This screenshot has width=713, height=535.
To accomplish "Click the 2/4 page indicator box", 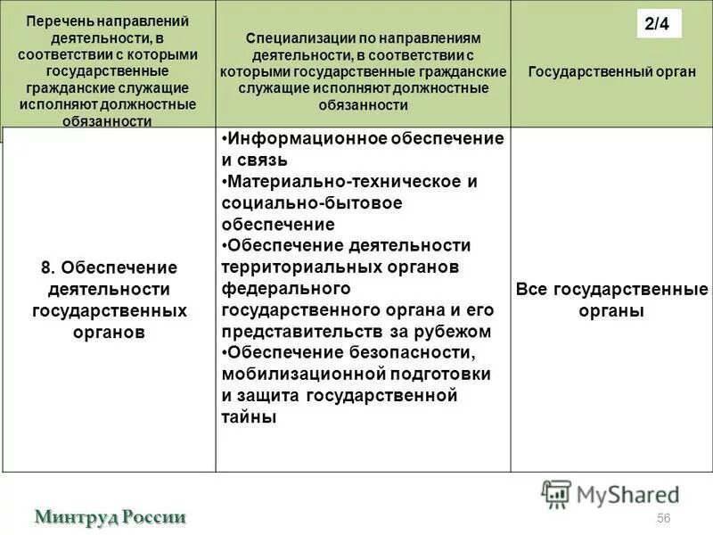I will (660, 24).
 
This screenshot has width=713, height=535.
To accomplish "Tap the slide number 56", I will (663, 519).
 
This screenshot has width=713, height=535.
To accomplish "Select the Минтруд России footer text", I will (111, 516).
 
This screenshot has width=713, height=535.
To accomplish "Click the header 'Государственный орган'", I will (611, 71).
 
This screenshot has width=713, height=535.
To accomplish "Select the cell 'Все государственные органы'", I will (611, 300).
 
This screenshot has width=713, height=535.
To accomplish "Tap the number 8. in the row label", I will (48, 267).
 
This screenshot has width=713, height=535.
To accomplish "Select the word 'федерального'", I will (284, 288).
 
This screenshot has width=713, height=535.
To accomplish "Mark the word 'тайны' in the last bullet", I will (249, 416).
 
